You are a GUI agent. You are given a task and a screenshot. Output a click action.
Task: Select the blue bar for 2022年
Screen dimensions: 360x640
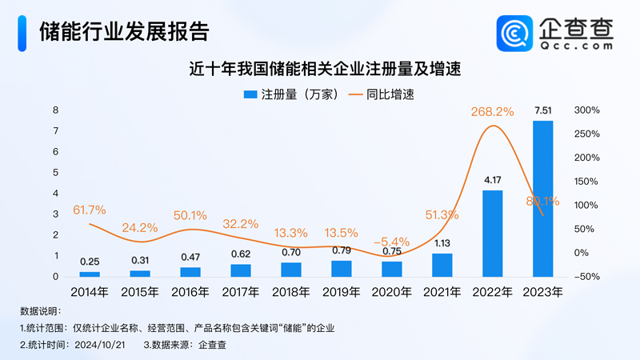[x=493, y=233]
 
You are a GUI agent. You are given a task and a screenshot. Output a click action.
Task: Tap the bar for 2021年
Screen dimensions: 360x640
[x=442, y=265]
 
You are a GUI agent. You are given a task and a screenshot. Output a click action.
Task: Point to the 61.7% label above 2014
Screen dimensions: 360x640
[x=90, y=210]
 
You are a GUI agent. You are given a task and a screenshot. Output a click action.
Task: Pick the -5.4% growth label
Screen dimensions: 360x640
[x=392, y=241]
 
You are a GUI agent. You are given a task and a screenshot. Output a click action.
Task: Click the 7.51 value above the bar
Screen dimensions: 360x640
[x=543, y=110]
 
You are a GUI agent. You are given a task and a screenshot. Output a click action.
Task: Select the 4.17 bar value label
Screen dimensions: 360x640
[x=493, y=180]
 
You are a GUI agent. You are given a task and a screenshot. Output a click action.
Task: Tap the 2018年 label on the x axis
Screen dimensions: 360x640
[x=291, y=292]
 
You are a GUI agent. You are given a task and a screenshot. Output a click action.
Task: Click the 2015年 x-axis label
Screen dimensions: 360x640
[x=140, y=292]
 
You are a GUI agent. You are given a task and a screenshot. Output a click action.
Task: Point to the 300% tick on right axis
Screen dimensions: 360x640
[x=587, y=110]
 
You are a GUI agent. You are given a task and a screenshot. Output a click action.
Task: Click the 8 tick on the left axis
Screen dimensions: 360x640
[x=55, y=110]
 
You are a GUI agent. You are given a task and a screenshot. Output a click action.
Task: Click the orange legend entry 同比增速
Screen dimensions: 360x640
[x=381, y=94]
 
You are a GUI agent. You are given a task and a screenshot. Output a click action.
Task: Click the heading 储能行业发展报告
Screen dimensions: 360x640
[x=124, y=30]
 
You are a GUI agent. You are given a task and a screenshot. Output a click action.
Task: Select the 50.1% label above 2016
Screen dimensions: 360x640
[x=190, y=215]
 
